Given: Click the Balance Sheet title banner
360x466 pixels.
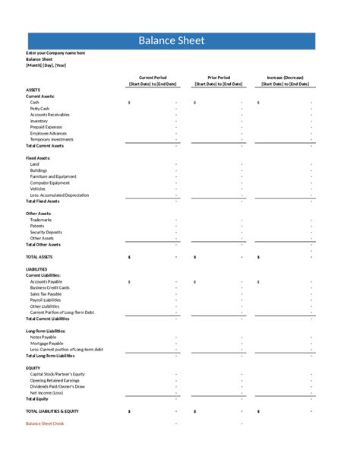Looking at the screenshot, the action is pyautogui.click(x=171, y=41).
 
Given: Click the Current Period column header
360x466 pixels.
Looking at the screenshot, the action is pyautogui.click(x=153, y=78).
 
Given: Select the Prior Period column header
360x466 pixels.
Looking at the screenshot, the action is pyautogui.click(x=219, y=78).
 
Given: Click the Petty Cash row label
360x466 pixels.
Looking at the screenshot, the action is pyautogui.click(x=39, y=109).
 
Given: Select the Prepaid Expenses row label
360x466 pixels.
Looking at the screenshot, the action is pyautogui.click(x=46, y=127).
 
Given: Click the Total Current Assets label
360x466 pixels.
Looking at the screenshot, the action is pyautogui.click(x=45, y=146).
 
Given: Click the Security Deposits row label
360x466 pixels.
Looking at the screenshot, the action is pyautogui.click(x=46, y=232).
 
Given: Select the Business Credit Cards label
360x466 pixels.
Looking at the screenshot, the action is pyautogui.click(x=50, y=287).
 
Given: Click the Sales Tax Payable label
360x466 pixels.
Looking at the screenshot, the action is pyautogui.click(x=46, y=293).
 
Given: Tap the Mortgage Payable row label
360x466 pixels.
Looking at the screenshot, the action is pyautogui.click(x=46, y=343).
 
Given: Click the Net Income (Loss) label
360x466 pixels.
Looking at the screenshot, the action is pyautogui.click(x=46, y=392).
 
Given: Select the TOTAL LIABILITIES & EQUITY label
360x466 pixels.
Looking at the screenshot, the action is pyautogui.click(x=57, y=411).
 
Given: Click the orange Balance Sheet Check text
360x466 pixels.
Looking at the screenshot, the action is pyautogui.click(x=45, y=423).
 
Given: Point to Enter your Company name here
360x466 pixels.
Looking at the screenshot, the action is pyautogui.click(x=55, y=52).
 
